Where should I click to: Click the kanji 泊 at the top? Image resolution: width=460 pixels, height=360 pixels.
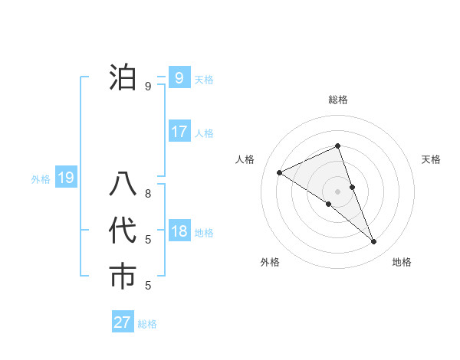coord(123,79)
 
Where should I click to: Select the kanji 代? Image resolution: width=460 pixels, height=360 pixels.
coord(123,232)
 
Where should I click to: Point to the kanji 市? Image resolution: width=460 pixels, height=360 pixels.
coord(123,277)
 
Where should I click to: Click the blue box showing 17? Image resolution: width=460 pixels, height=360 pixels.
coord(179,132)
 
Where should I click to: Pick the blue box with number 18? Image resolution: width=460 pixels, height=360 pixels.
coord(179,231)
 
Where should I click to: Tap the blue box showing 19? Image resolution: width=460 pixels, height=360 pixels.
coord(66,178)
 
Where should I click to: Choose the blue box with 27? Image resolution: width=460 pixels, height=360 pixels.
coord(123,322)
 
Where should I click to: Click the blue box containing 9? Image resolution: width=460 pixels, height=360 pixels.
coord(179,77)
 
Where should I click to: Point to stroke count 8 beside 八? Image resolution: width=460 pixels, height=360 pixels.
coord(148,194)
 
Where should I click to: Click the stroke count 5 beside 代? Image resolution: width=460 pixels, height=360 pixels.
coord(148,240)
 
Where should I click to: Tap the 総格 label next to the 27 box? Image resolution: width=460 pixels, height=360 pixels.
coord(148,324)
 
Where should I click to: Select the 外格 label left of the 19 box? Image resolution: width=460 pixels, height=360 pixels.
coord(41,179)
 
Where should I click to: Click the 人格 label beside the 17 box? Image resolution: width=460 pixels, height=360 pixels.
coord(205,133)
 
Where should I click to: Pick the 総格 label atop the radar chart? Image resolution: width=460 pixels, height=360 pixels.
coord(338,100)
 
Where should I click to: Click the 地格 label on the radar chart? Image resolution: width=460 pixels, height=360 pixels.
coord(402,262)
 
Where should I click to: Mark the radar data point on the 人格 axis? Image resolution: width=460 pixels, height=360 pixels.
coord(279,172)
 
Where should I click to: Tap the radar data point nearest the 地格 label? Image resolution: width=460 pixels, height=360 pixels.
coord(374,242)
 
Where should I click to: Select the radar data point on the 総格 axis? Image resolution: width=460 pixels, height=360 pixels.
coord(337,146)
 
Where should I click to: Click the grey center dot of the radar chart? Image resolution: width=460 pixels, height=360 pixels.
coord(337,191)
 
